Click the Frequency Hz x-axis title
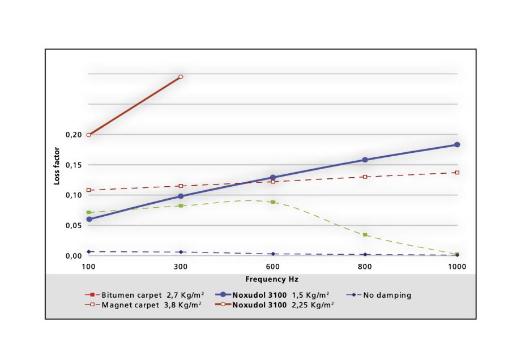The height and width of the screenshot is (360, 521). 272,280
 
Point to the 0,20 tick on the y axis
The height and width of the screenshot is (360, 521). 74,135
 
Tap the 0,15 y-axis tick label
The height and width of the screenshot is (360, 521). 74,165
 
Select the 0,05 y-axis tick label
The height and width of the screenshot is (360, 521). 74,225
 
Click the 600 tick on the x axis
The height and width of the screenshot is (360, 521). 272,266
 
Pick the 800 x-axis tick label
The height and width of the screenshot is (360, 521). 365,266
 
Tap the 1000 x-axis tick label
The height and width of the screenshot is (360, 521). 456,266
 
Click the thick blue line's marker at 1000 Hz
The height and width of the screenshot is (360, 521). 457,145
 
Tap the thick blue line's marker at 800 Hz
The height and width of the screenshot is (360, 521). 365,160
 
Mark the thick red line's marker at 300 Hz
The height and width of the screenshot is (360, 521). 181,76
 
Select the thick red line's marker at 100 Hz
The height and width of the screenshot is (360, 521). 89,135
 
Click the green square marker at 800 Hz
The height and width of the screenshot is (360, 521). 365,234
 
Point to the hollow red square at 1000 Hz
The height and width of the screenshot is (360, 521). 457,173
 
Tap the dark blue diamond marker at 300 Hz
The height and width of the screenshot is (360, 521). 181,252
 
